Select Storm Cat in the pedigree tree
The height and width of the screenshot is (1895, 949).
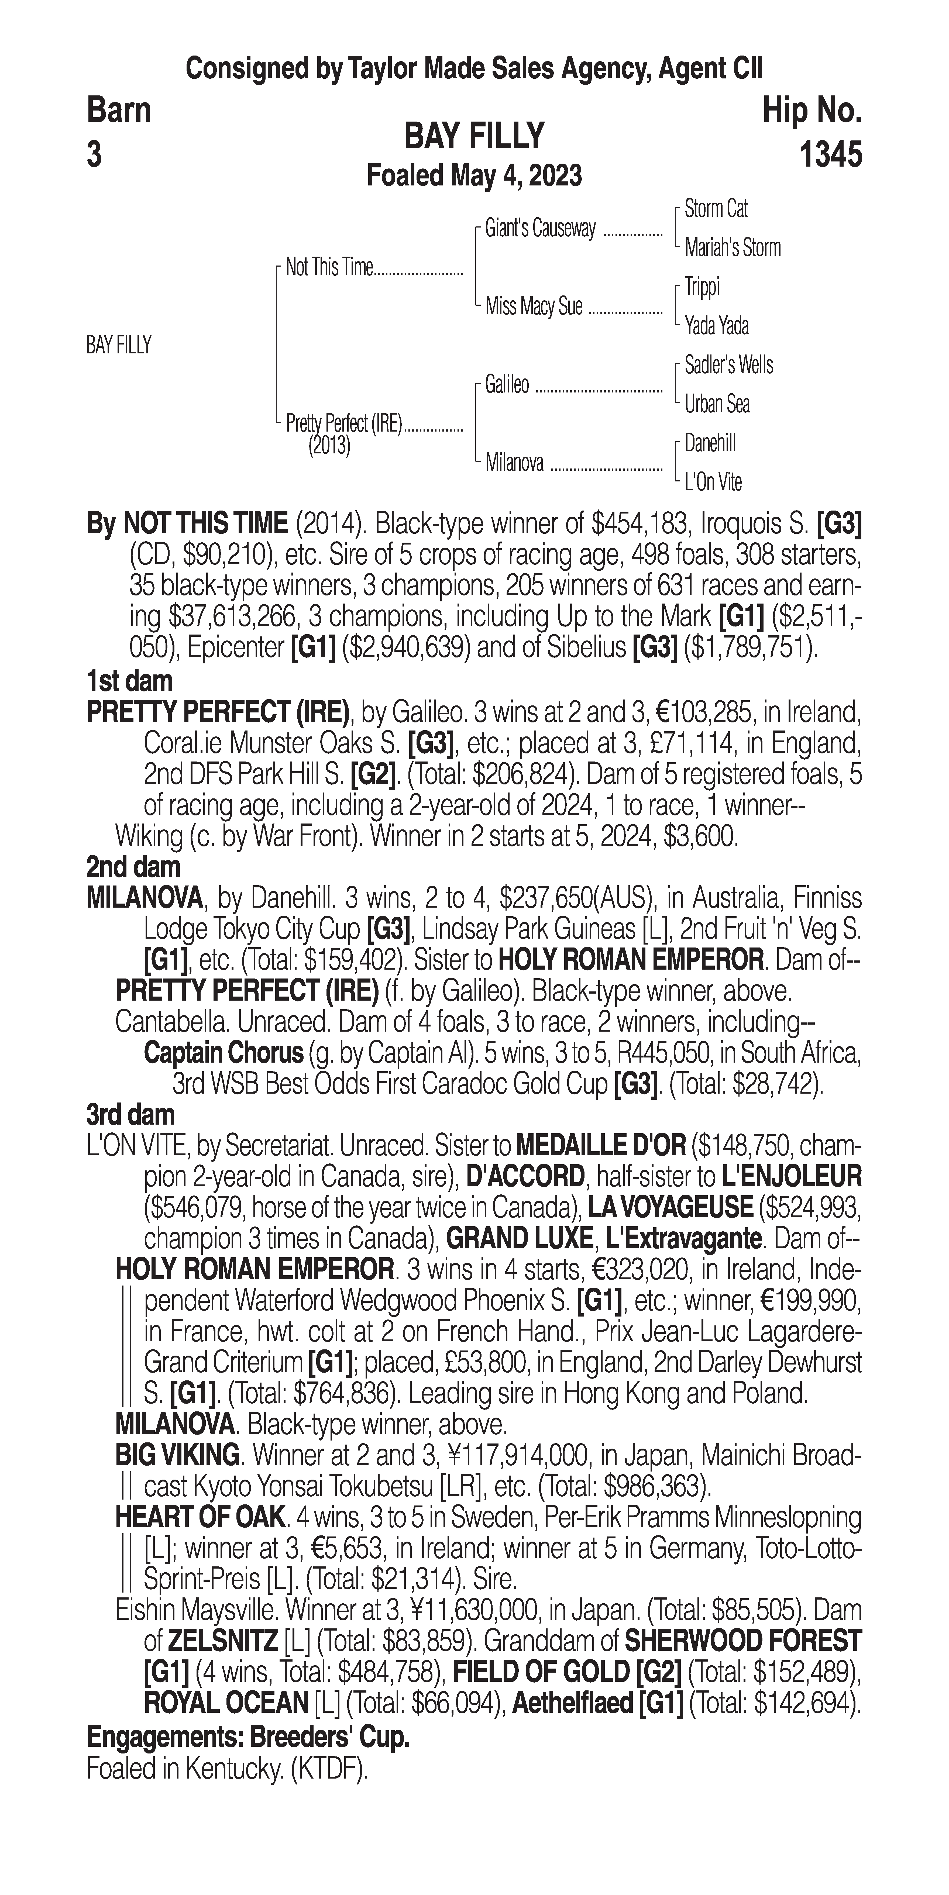point(716,209)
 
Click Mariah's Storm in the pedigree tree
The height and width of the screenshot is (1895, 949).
point(732,248)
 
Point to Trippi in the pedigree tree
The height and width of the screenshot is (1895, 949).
point(702,287)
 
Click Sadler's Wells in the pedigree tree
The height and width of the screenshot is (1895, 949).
point(728,365)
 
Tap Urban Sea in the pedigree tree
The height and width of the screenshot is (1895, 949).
point(717,404)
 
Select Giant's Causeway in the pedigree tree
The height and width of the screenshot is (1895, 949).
point(540,229)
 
